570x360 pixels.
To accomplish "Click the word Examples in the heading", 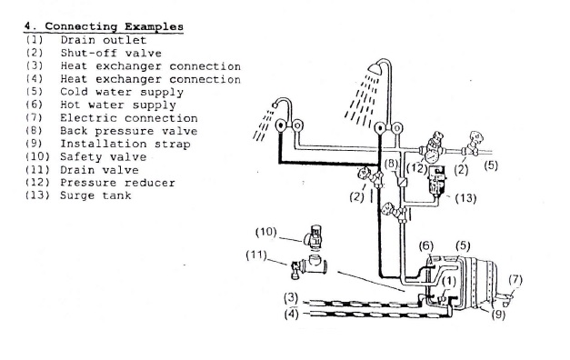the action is click(154, 27).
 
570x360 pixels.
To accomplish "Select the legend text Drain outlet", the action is click(104, 40).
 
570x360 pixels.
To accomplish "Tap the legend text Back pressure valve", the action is click(129, 131).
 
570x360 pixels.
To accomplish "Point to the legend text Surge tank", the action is click(95, 195).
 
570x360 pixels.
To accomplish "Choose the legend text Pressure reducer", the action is click(117, 183).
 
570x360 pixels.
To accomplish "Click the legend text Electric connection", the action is click(129, 118).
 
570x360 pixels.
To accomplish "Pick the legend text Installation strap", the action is click(125, 144).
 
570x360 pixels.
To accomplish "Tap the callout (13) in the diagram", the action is click(465, 198).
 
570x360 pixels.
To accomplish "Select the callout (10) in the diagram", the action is click(266, 232).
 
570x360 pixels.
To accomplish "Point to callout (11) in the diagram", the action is click(256, 255).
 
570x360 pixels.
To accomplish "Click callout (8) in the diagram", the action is click(391, 164).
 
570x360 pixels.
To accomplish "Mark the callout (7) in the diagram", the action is click(515, 280).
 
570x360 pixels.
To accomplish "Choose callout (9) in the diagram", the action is click(498, 315).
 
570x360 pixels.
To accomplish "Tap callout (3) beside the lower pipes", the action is click(291, 298).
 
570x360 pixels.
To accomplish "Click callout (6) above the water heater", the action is click(426, 246).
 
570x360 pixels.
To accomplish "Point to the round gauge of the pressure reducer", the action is click(432, 156).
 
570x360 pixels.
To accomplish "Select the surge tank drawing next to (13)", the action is click(437, 180).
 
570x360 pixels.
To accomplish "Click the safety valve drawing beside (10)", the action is click(314, 236).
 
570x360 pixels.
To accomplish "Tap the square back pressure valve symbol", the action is click(403, 182).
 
